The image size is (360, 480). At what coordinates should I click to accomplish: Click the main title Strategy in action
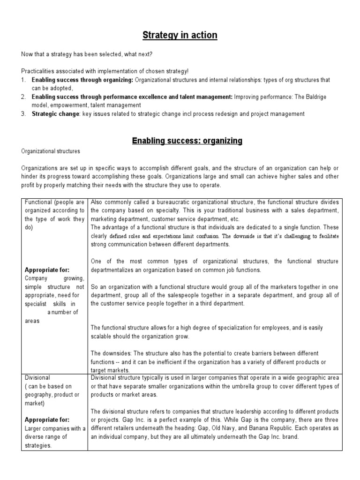coord(180,35)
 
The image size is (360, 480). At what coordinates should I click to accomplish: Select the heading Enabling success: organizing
coord(180,140)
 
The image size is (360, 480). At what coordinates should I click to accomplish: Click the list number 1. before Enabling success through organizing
coord(23,80)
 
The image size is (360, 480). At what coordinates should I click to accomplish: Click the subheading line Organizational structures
coord(51,152)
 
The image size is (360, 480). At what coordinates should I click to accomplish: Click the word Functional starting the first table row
coord(38,202)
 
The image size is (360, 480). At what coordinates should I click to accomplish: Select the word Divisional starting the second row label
coord(37,377)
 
